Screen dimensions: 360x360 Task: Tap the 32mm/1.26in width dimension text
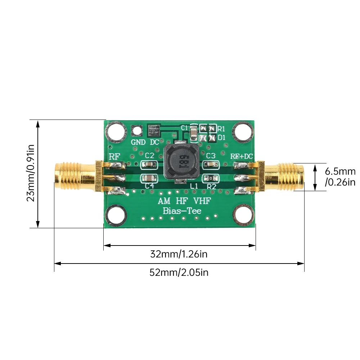(x=179, y=254)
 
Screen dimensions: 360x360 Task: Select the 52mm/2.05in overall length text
(x=179, y=273)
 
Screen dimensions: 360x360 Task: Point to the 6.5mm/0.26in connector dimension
(x=340, y=176)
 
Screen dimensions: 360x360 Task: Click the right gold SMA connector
(x=284, y=177)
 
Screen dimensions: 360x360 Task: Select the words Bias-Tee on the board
(x=182, y=211)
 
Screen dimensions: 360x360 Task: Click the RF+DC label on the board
(x=242, y=156)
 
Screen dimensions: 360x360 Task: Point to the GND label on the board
(x=138, y=142)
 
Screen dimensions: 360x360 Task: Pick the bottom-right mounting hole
(x=243, y=215)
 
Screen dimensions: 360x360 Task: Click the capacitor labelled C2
(x=149, y=165)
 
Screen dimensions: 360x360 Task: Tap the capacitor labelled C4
(x=149, y=178)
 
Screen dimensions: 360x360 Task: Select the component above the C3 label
(x=211, y=165)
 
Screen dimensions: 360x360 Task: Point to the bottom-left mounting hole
(x=116, y=215)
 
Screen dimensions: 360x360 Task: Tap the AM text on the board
(x=165, y=201)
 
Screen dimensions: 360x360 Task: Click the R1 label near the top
(x=221, y=129)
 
